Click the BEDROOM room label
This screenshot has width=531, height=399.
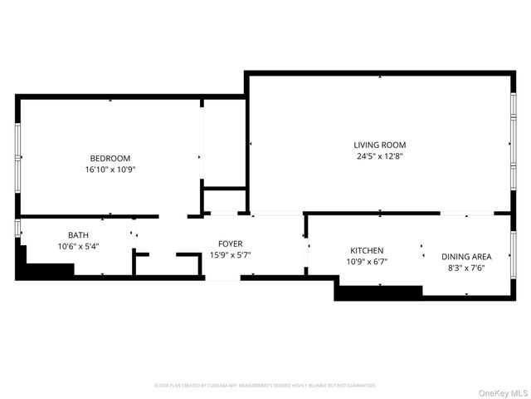coord(110,158)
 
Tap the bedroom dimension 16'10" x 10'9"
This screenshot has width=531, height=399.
coord(110,169)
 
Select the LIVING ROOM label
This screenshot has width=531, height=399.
coord(380,145)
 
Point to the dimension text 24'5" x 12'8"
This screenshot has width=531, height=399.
coord(380,155)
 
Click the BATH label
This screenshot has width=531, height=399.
coord(79,235)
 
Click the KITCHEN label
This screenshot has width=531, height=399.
coord(367,250)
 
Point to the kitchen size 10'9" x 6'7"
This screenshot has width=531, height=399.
coord(367,261)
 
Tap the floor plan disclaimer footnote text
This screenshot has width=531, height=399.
coord(265,386)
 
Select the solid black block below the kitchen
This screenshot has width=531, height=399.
coord(378,292)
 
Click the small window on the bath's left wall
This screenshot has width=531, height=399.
coord(17,228)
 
